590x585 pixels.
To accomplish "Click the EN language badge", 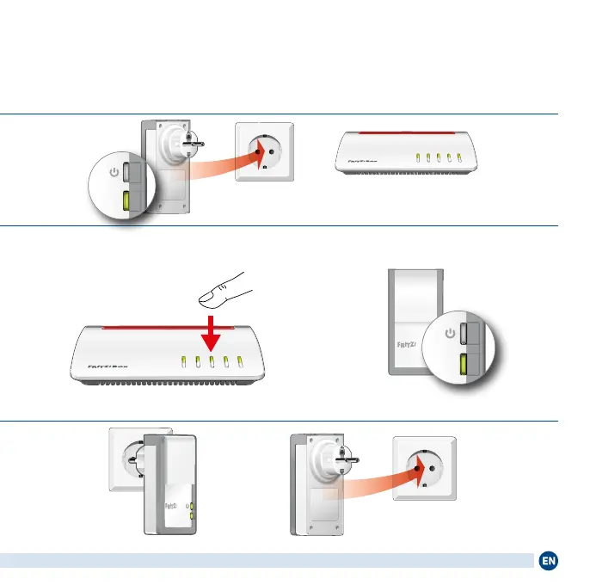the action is point(549,561).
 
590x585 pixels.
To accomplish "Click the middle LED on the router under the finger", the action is point(211,362).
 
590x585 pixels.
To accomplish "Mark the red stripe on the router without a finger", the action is point(401,134).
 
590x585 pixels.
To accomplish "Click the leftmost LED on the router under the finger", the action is point(183,362).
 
